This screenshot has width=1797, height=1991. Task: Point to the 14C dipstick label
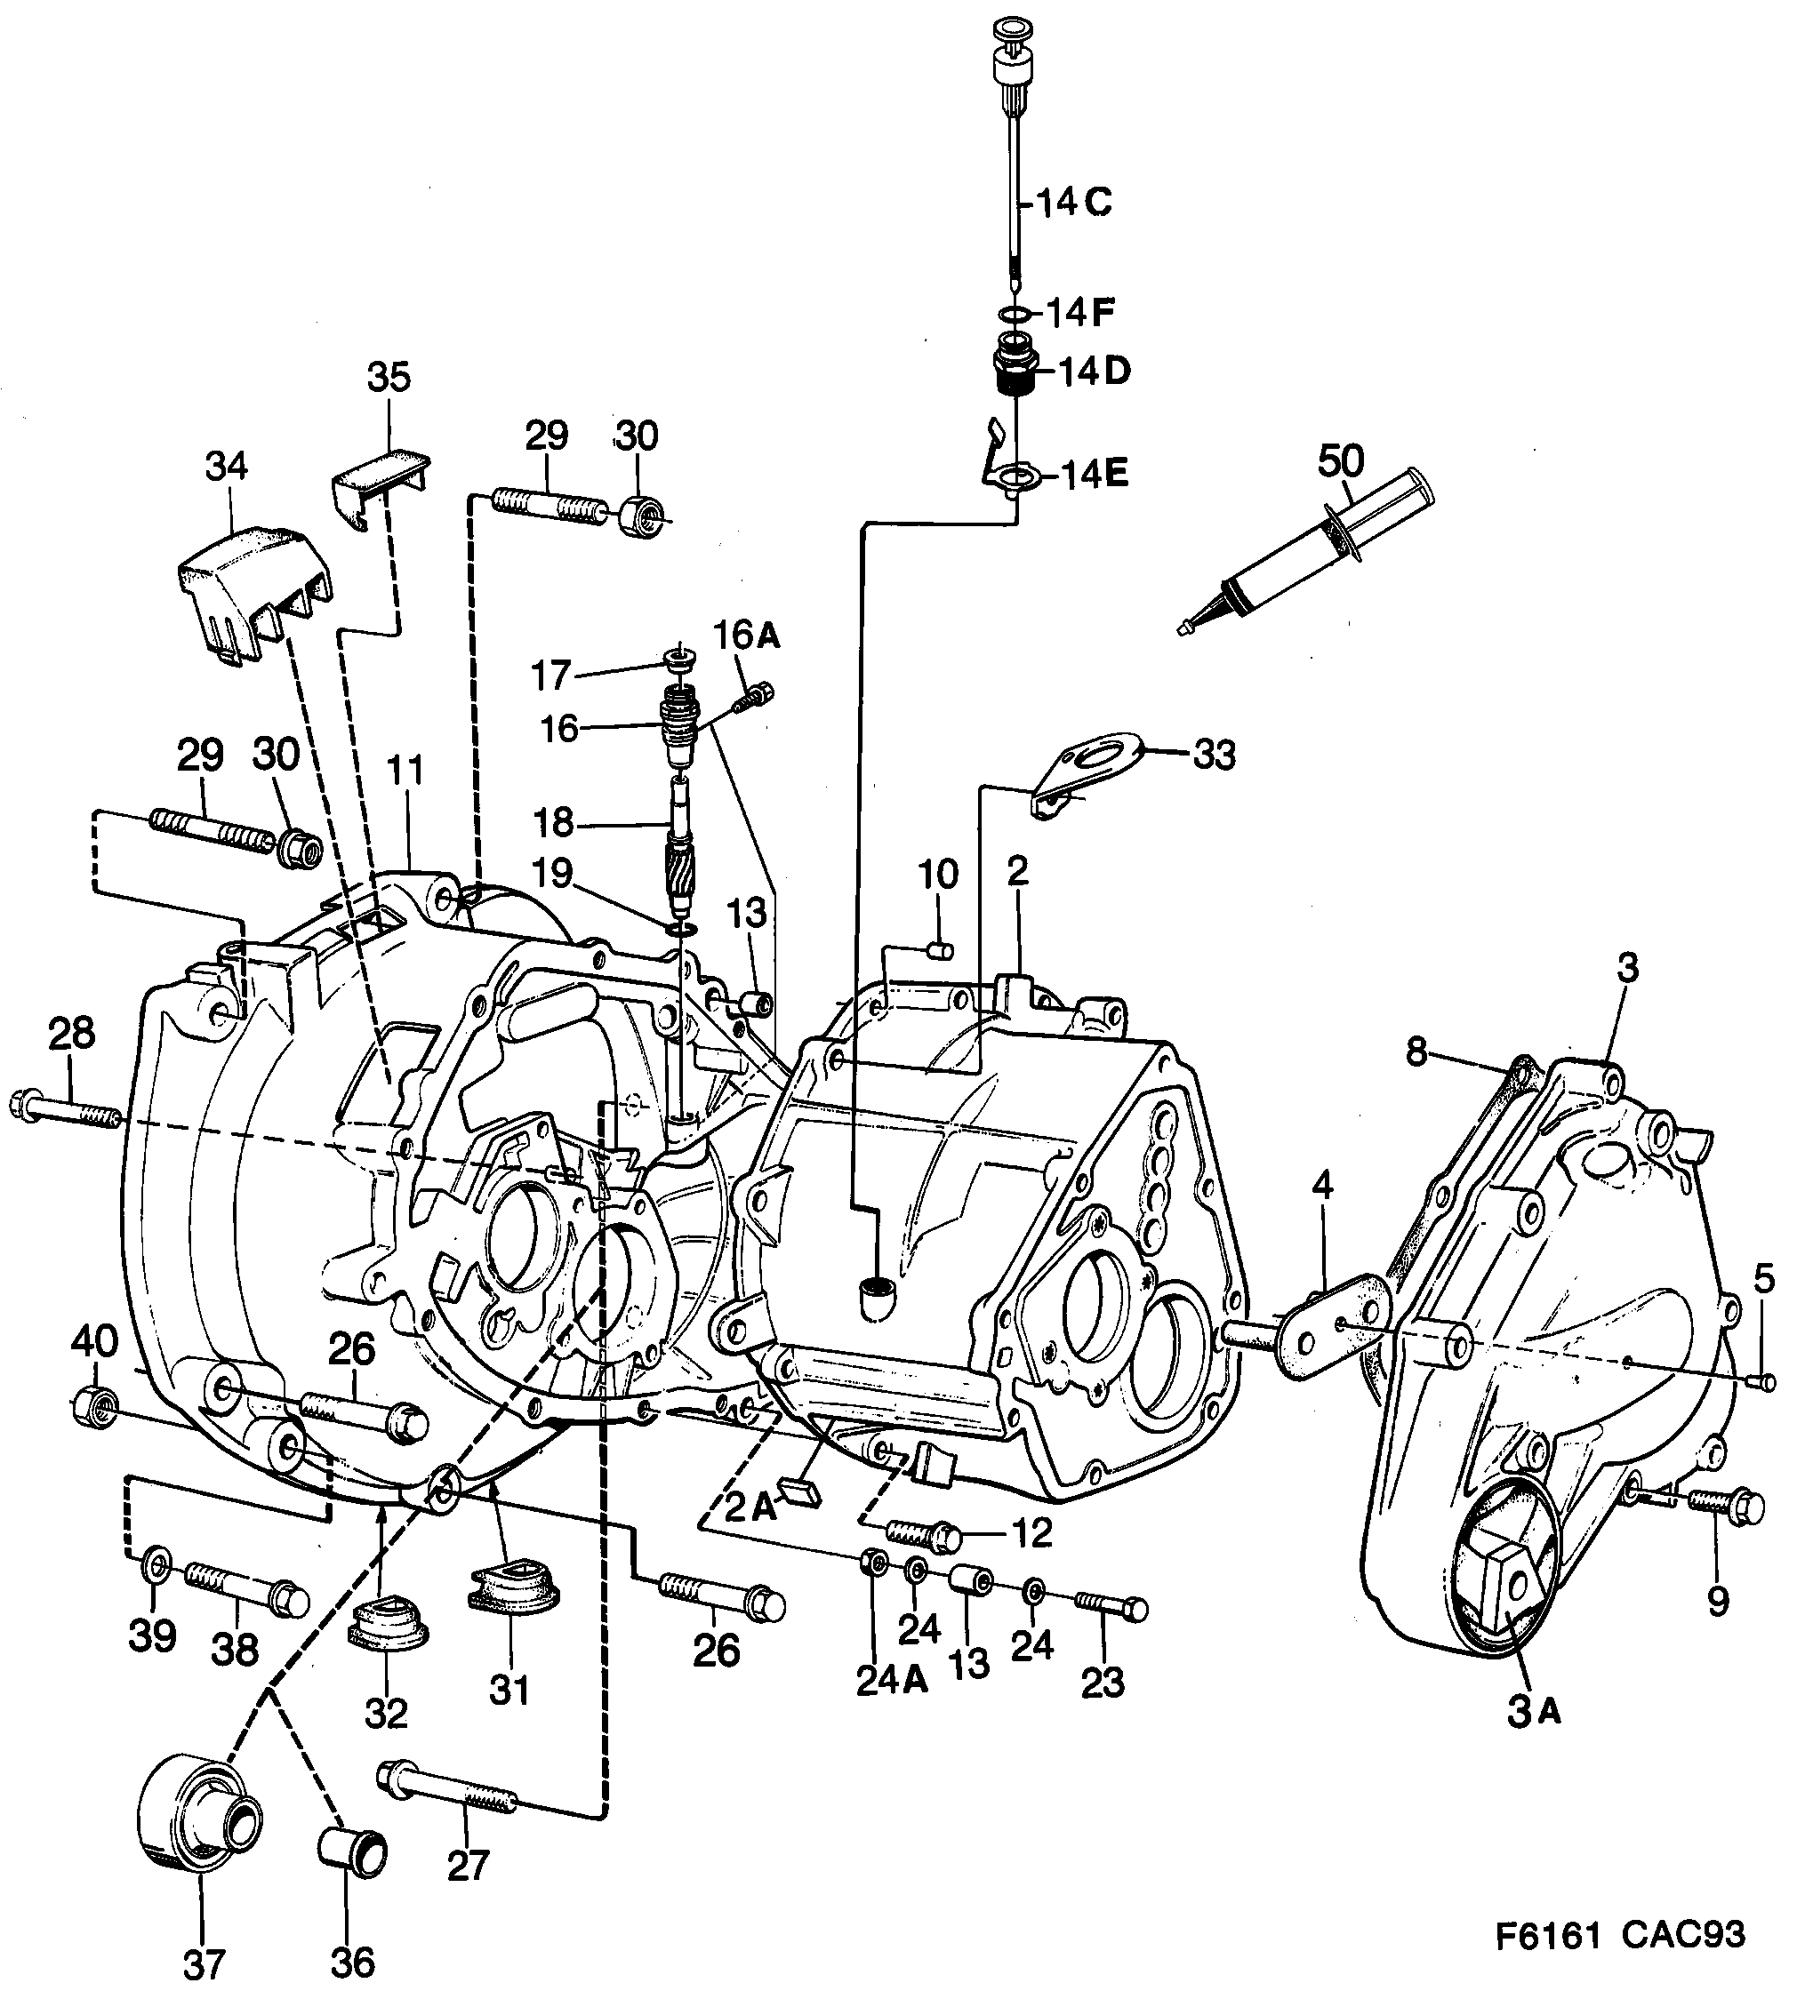(x=1074, y=204)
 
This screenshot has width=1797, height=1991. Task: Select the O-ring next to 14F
(x=1012, y=314)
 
